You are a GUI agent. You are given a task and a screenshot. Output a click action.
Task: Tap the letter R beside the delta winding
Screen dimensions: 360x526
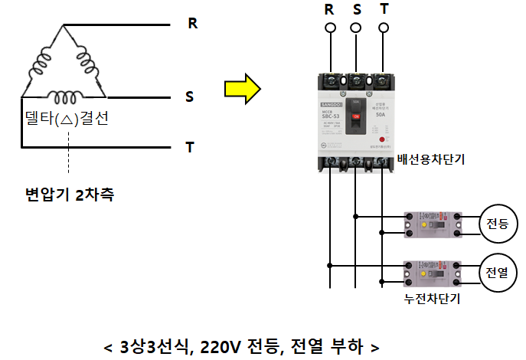click(x=193, y=24)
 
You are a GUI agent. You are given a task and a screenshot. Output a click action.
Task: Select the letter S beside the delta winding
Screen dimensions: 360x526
click(x=190, y=97)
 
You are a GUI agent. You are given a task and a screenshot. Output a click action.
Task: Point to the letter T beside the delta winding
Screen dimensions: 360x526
click(x=190, y=146)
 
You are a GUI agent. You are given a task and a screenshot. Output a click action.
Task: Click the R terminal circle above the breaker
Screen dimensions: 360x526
click(x=331, y=28)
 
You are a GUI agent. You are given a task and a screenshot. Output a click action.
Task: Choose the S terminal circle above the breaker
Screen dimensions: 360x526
click(x=356, y=28)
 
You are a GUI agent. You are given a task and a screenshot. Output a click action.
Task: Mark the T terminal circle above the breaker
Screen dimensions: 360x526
click(x=382, y=28)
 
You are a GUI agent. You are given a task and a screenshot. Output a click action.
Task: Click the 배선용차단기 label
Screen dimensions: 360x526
click(x=431, y=160)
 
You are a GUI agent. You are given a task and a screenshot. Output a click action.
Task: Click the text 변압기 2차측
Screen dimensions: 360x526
click(x=70, y=195)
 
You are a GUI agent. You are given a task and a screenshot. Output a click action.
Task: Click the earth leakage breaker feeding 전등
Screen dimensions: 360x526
click(x=431, y=224)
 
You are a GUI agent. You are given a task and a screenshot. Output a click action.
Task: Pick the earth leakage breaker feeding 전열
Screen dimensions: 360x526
click(x=431, y=273)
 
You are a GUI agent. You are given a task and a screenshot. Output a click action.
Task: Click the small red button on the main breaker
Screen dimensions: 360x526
click(x=381, y=141)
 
